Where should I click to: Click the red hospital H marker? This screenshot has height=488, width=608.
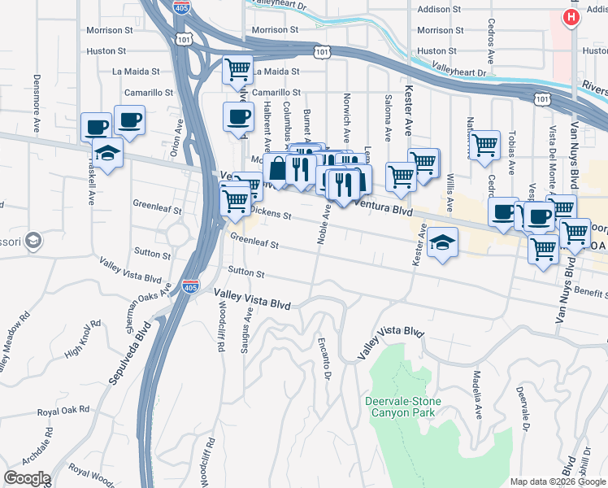[572, 17]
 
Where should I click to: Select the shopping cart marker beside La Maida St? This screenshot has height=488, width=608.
[237, 71]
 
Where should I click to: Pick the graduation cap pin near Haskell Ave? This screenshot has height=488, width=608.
[106, 152]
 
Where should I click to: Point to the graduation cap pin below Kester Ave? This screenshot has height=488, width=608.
[442, 243]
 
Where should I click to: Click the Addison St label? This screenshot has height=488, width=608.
[439, 10]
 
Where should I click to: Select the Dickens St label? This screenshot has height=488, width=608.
[270, 213]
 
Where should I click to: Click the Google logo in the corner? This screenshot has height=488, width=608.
[26, 478]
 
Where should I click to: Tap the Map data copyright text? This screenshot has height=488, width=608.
[557, 481]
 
